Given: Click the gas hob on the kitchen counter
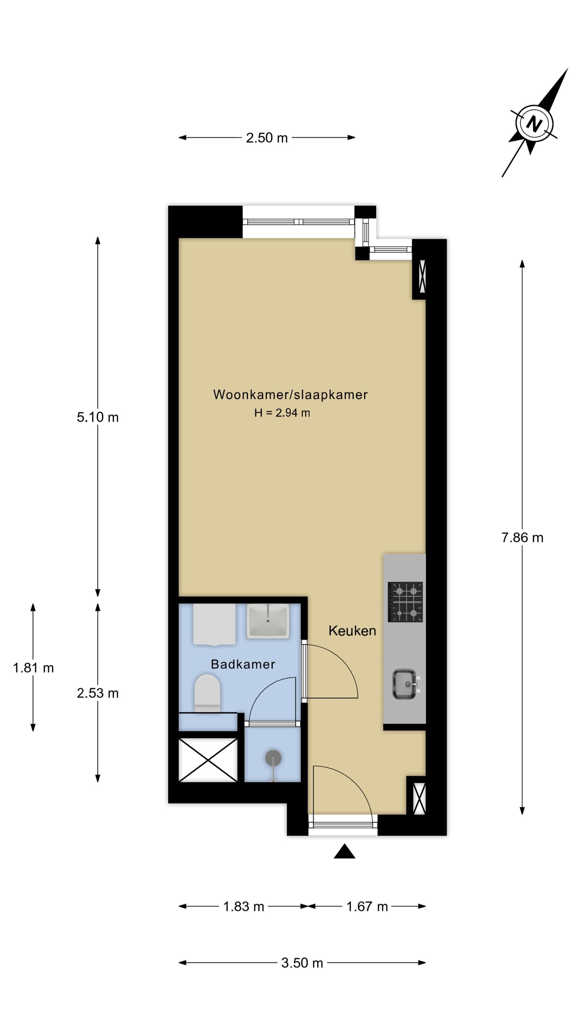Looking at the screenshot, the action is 405,602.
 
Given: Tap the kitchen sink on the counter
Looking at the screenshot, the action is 405,684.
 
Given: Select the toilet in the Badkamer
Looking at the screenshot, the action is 207,693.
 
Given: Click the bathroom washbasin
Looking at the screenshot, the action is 268,621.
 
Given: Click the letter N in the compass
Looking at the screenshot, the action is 534,123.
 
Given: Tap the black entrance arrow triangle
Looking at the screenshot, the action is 344,851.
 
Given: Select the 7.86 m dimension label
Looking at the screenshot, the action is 522,538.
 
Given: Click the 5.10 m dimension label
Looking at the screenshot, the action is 98,418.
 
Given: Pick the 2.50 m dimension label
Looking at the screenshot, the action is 267,138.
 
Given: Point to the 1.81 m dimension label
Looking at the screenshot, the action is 33,668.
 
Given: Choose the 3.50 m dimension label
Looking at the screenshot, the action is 302,963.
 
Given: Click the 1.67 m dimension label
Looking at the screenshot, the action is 367,907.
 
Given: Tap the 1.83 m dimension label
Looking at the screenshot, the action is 244,907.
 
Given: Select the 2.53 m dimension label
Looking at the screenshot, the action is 98,693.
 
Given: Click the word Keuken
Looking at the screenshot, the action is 352,631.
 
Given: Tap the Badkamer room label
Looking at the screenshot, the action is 243,664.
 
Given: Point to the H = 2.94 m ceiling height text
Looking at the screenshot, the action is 282,413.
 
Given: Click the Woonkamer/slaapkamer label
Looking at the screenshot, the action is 290,395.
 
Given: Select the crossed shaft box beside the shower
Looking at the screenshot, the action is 208,760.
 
